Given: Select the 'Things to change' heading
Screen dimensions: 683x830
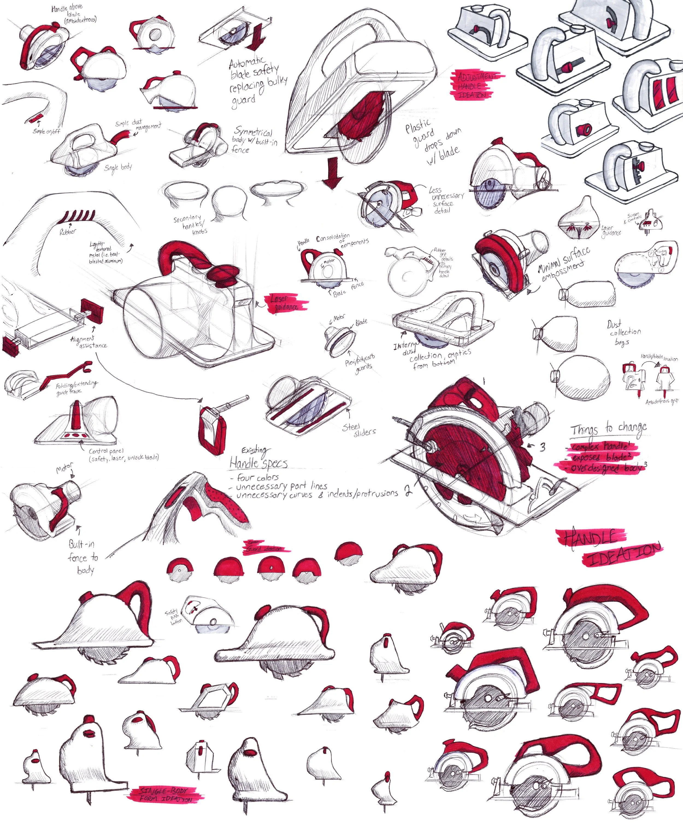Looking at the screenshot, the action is [x=608, y=428].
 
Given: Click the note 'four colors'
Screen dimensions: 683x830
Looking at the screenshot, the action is [x=257, y=478].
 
